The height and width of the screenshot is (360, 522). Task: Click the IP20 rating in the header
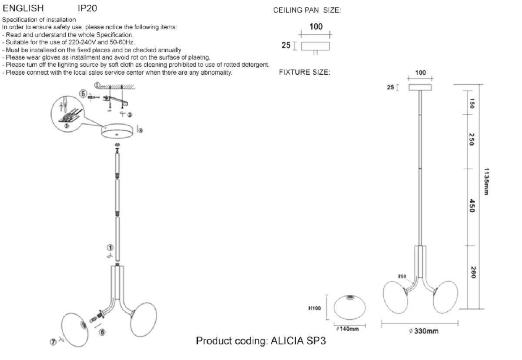87,8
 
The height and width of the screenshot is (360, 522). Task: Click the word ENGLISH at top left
23,8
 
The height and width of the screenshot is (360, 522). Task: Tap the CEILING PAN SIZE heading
307,10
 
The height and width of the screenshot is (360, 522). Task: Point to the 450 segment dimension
472,206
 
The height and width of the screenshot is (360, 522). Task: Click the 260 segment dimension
472,273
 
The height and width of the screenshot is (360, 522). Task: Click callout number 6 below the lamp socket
102,332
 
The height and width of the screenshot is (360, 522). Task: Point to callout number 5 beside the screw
82,93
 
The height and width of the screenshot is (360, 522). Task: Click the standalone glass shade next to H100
350,307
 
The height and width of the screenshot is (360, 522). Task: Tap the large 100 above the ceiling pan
316,27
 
